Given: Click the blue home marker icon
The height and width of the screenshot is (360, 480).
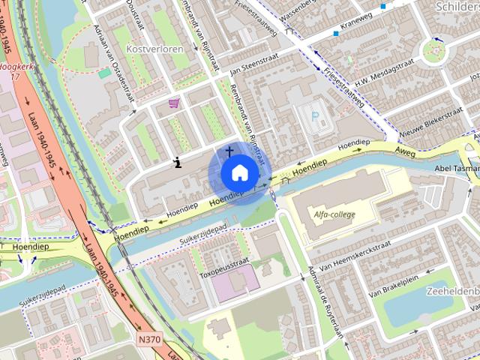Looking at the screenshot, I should click(238, 173).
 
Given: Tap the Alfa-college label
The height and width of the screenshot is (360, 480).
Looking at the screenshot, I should click(334, 215).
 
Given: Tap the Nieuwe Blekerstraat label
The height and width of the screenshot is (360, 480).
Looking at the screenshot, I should click(430, 121).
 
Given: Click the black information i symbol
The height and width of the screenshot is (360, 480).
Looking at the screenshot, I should click(178, 161).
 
